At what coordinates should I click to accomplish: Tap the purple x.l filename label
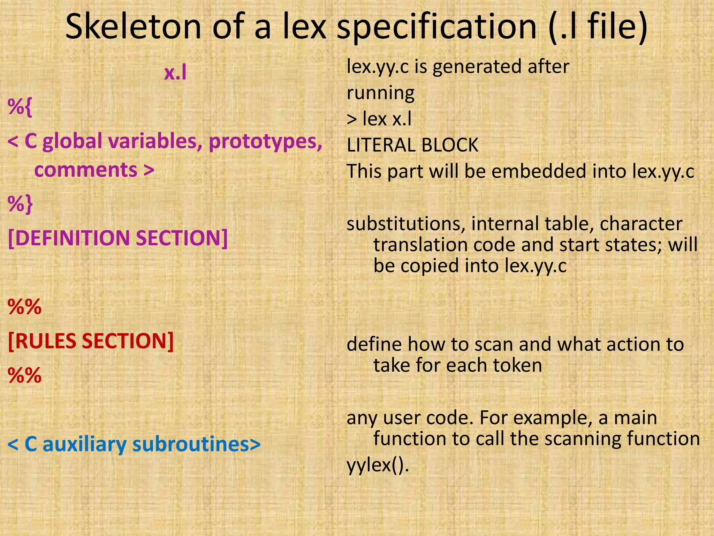pos(175,73)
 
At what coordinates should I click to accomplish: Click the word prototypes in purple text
pos(265,141)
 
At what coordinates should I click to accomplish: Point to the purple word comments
pos(86,170)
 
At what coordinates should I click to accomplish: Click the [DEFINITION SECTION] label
pos(117,238)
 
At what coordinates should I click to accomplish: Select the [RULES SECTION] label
pos(91,341)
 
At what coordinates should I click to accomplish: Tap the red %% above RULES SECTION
pos(24,307)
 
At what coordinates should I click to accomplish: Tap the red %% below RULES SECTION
pos(24,375)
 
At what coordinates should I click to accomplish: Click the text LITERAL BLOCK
pos(412,145)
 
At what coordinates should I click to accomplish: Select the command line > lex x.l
pos(379,119)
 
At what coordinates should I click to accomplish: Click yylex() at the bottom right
pos(378,465)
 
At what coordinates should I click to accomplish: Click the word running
pos(380,93)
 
